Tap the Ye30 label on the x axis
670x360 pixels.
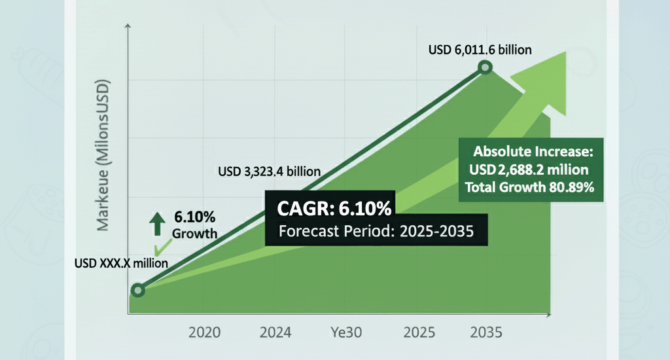(345, 331)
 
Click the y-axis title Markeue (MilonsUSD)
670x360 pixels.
(103, 155)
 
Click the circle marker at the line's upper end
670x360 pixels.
(485, 68)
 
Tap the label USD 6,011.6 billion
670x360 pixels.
(480, 50)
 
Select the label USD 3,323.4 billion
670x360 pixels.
(269, 172)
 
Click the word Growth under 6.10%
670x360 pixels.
(194, 234)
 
